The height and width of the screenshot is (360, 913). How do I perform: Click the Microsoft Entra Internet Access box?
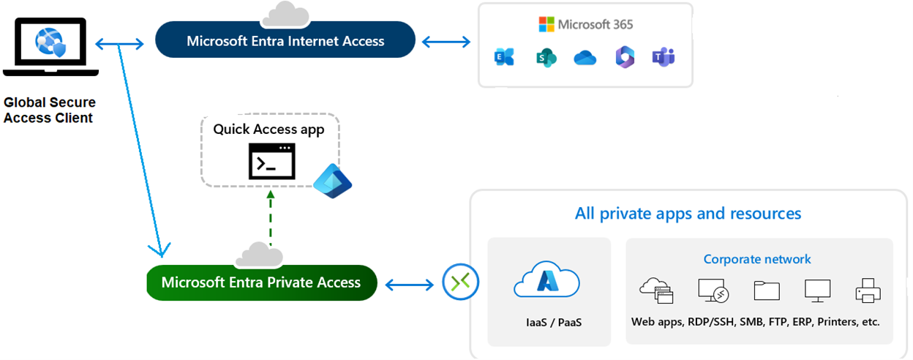pyautogui.click(x=285, y=40)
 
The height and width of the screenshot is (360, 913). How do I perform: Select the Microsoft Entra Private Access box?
pyautogui.click(x=261, y=282)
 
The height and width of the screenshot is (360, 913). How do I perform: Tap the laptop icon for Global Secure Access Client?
pyautogui.click(x=50, y=47)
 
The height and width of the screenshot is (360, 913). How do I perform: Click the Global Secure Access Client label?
pyautogui.click(x=49, y=110)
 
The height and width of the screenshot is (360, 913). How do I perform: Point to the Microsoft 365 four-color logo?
pyautogui.click(x=546, y=24)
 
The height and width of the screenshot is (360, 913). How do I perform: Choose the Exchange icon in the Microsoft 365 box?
pyautogui.click(x=504, y=58)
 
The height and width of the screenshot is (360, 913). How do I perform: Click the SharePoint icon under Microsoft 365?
pyautogui.click(x=545, y=58)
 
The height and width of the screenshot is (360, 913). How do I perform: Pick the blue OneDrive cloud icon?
pyautogui.click(x=585, y=58)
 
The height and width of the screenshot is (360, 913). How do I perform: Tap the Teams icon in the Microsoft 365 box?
pyautogui.click(x=664, y=57)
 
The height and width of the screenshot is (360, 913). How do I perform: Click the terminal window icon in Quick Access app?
pyautogui.click(x=272, y=162)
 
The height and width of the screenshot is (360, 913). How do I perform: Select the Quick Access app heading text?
pyautogui.click(x=268, y=130)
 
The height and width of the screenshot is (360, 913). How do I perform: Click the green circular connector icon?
pyautogui.click(x=461, y=282)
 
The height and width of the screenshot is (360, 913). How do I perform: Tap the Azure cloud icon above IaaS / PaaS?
pyautogui.click(x=547, y=282)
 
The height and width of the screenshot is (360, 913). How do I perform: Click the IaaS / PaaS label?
pyautogui.click(x=548, y=321)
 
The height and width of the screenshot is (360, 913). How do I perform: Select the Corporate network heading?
pyautogui.click(x=757, y=259)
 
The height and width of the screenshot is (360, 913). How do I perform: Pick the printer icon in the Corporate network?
pyautogui.click(x=868, y=290)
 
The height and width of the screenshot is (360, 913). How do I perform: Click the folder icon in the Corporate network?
pyautogui.click(x=767, y=290)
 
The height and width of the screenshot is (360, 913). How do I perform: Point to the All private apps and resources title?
pyautogui.click(x=688, y=214)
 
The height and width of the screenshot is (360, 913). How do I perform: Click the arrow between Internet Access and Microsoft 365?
pyautogui.click(x=446, y=41)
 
